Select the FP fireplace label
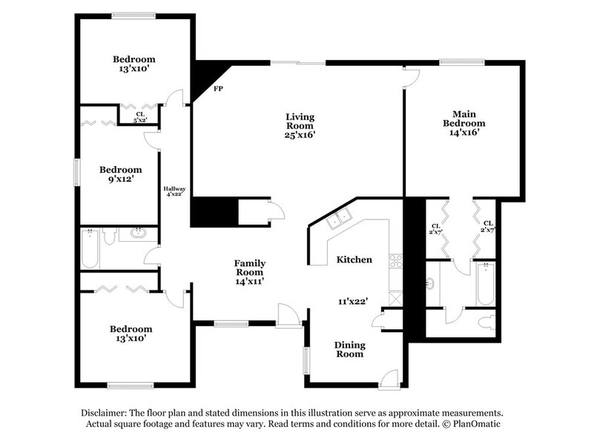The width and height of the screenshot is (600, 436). coord(218,89)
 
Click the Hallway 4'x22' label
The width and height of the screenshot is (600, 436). coord(175,191)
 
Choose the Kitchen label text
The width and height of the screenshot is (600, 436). coord(354,260)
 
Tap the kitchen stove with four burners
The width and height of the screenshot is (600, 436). coord(396,260)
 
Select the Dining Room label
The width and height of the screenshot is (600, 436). coord(349,349)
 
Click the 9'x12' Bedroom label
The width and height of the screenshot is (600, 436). coord(120,174)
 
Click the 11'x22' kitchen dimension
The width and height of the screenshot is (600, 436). coord(354,301)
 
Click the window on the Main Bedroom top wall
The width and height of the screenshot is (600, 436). coord(461,62)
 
